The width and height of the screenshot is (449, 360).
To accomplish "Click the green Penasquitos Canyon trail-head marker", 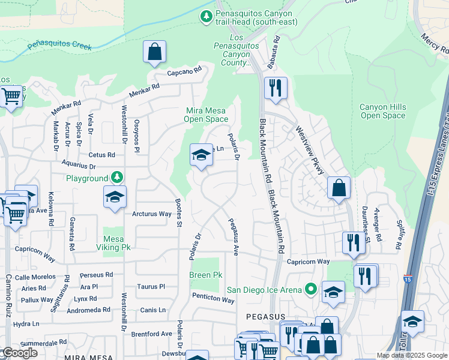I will click(x=206, y=17).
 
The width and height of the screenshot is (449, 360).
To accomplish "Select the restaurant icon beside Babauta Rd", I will click(x=276, y=88).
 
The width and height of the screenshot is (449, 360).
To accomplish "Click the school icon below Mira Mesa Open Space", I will click(x=201, y=156).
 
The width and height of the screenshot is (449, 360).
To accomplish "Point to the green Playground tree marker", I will click(x=118, y=178).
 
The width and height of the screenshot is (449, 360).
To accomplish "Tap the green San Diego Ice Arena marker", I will click(x=310, y=290).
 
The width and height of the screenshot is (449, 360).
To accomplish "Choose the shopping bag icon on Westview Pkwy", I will click(x=339, y=187).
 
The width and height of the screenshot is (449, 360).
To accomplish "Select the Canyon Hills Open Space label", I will click(x=382, y=111).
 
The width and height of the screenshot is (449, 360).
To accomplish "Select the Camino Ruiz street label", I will click(x=8, y=294).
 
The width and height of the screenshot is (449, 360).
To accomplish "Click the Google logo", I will click(x=19, y=353).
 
